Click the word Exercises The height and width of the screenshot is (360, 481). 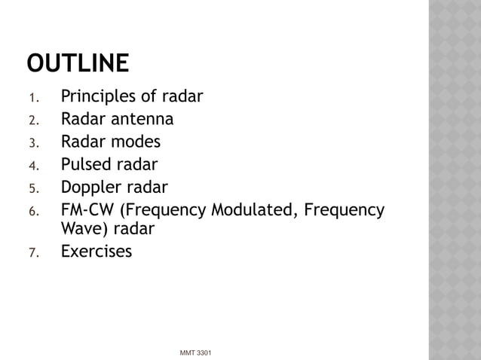96,251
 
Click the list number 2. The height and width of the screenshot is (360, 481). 32,121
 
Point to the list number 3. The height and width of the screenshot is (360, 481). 32,143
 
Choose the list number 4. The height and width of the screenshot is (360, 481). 32,165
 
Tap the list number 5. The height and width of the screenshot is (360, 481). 32,188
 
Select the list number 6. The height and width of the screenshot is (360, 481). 32,209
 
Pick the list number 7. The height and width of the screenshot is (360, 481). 32,252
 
